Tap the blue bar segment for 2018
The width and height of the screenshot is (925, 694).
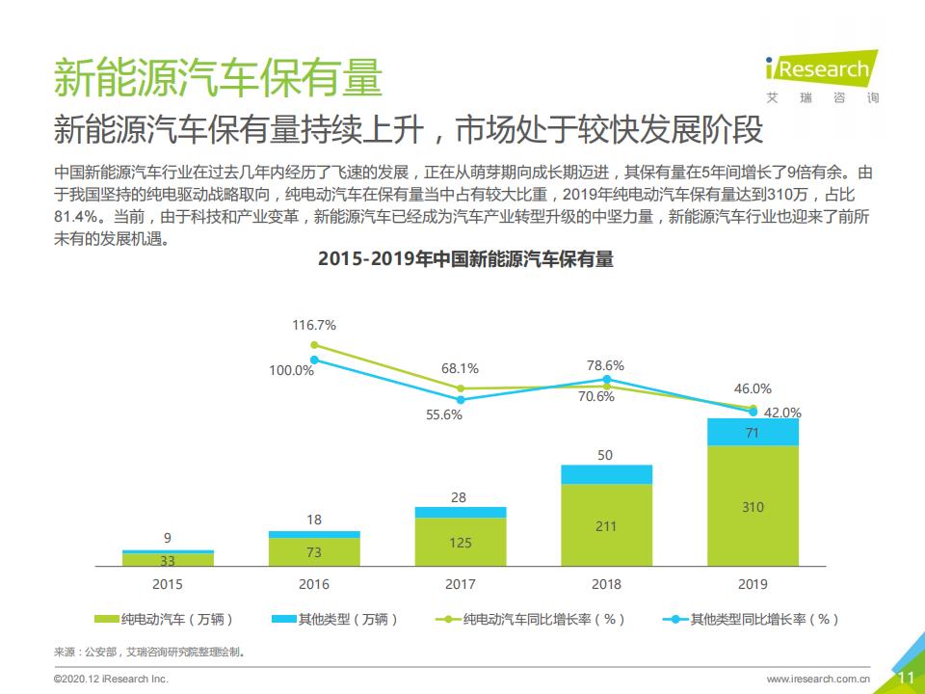click(x=606, y=473)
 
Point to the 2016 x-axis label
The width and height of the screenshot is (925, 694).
click(x=314, y=584)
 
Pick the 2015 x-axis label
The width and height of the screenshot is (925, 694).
click(x=168, y=584)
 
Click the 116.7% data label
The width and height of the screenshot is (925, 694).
click(x=314, y=326)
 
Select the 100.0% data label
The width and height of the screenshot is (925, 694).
click(x=291, y=370)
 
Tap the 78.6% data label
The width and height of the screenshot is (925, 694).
click(x=606, y=365)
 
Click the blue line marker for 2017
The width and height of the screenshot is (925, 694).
click(x=461, y=399)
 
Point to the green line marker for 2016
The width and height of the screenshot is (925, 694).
click(x=314, y=344)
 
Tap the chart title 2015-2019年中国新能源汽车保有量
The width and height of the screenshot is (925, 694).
click(x=465, y=258)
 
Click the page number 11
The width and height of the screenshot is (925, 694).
click(x=905, y=678)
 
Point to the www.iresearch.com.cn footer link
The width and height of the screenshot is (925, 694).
click(x=818, y=679)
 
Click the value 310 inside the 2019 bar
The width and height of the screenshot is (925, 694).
click(x=753, y=507)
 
